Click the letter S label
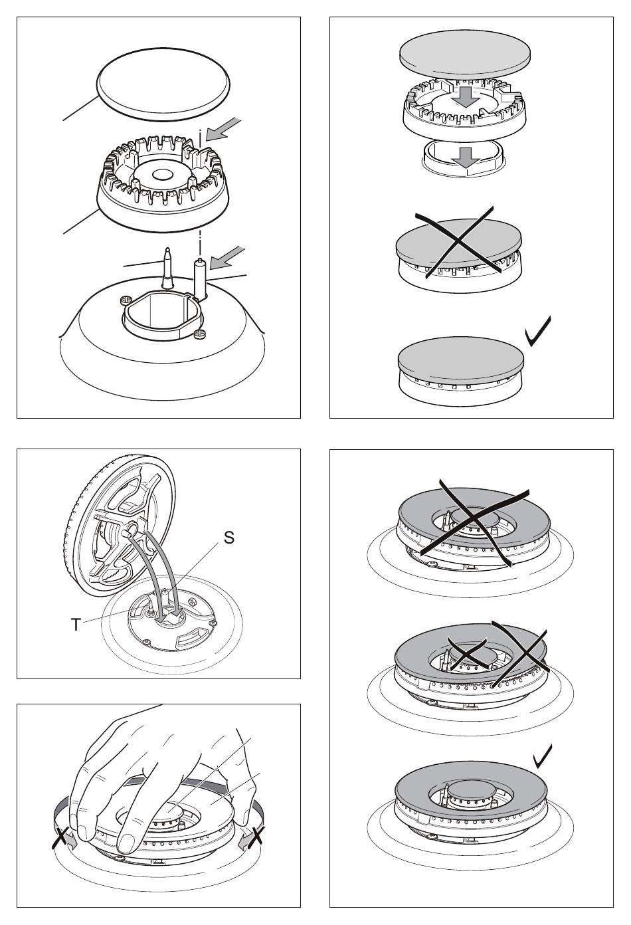[228, 537]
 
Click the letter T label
[76, 625]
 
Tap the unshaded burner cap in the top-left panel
[162, 85]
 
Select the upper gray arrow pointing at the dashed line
[223, 129]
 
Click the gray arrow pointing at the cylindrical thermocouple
[227, 258]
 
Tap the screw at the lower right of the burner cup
[199, 333]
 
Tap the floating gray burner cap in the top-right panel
[465, 54]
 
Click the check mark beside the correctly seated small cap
[538, 332]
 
